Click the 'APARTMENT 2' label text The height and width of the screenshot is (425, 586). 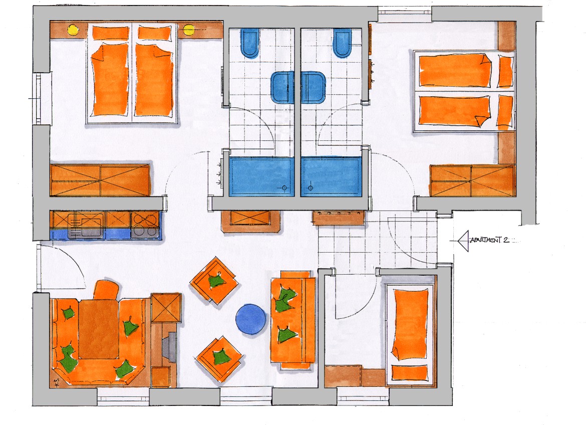(x=489, y=240)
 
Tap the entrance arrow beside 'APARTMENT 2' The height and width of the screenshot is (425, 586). (x=463, y=241)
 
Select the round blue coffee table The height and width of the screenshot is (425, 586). (x=251, y=319)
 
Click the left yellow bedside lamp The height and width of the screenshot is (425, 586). (x=73, y=30)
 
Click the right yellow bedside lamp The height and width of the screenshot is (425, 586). (x=189, y=30)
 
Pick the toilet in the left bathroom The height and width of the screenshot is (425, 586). (x=250, y=43)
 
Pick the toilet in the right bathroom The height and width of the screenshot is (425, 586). (x=342, y=43)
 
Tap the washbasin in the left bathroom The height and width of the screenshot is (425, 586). (x=282, y=88)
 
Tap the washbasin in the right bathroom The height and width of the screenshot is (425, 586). (x=313, y=88)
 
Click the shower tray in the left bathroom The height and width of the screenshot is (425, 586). (x=261, y=176)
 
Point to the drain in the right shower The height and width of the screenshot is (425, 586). (x=310, y=188)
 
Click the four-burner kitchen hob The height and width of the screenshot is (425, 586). (x=146, y=225)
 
